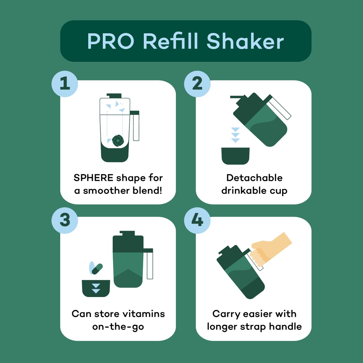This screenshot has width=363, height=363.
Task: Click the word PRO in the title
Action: click(111, 41)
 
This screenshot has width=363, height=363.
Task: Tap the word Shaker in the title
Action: click(245, 41)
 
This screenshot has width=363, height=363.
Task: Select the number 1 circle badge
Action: click(65, 84)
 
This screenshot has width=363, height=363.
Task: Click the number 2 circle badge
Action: click(197, 84)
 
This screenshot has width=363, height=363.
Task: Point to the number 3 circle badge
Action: click(65, 220)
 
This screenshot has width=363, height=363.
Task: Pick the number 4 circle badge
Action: click(197, 220)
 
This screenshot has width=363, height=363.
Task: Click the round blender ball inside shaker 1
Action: click(118, 140)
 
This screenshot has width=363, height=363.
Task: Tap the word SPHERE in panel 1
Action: click(94, 178)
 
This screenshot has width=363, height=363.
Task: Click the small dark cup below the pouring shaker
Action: click(235, 156)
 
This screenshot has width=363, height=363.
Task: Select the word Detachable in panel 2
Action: click(255, 178)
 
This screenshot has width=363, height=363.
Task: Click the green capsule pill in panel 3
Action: click(97, 269)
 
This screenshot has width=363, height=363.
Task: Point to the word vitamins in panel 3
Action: click(144, 314)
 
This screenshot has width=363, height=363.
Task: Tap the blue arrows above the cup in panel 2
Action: click(235, 135)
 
